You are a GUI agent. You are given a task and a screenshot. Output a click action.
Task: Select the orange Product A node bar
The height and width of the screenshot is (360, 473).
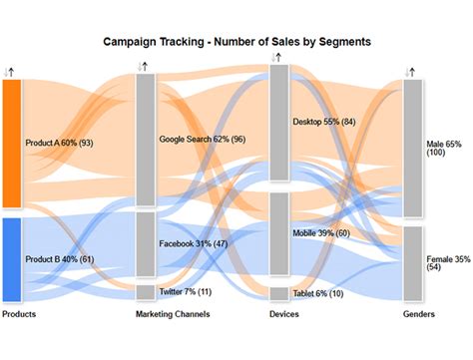12,144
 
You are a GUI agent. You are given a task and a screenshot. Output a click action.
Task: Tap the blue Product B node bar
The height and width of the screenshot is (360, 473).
12,259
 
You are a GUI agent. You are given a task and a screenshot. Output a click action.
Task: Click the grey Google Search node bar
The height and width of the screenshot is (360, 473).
146,140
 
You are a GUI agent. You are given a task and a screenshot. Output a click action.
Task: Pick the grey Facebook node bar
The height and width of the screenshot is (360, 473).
146,243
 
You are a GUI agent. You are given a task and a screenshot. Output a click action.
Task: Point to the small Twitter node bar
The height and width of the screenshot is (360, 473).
146,292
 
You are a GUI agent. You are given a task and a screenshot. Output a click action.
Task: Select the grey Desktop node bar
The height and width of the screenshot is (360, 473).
279,123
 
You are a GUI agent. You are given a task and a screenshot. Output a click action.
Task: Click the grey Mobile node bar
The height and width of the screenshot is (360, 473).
279,233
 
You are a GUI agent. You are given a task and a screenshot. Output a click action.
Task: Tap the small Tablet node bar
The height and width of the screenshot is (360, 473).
279,294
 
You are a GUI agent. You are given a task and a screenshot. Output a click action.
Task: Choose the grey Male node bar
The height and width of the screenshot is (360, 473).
413,150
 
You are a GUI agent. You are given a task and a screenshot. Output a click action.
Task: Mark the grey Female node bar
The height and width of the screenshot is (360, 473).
413,263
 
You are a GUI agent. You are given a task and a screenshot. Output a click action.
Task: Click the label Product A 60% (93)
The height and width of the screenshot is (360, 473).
60,144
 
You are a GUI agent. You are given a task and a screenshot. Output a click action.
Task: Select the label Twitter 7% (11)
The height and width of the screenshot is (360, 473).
185,292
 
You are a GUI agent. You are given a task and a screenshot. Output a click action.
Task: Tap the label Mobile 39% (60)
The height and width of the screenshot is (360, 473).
321,233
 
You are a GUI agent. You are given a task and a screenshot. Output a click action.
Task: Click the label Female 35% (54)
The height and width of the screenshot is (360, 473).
448,263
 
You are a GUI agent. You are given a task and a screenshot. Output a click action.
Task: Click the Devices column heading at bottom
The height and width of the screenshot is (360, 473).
283,315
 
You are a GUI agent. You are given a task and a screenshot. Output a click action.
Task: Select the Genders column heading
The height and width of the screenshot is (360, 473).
419,315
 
